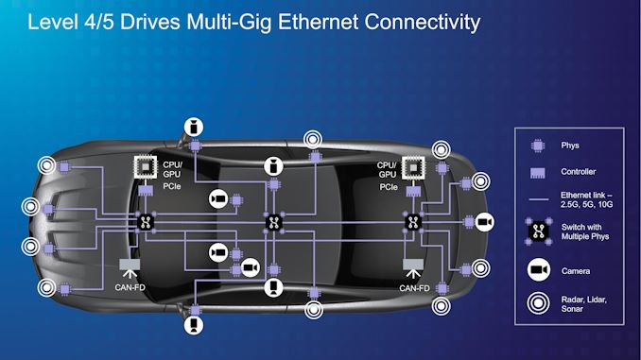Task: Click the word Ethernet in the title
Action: [318, 22]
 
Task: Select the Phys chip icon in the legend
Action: [538, 146]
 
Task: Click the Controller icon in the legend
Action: [538, 173]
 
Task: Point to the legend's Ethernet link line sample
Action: [539, 199]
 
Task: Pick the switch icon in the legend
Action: [538, 231]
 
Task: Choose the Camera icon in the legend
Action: [539, 269]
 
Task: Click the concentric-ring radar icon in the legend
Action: [538, 303]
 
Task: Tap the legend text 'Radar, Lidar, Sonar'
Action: [583, 304]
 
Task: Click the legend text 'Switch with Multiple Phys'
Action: [585, 231]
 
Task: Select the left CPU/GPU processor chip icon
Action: [146, 167]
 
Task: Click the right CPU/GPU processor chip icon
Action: [413, 167]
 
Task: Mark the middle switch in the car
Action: [273, 223]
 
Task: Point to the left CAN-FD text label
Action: [130, 287]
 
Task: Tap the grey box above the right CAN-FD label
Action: [413, 265]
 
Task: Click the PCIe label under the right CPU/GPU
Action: [389, 187]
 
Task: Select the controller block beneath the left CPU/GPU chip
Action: [146, 191]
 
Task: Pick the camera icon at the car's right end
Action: [484, 222]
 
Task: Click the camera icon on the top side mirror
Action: [194, 127]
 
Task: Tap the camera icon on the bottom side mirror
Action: [194, 325]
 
